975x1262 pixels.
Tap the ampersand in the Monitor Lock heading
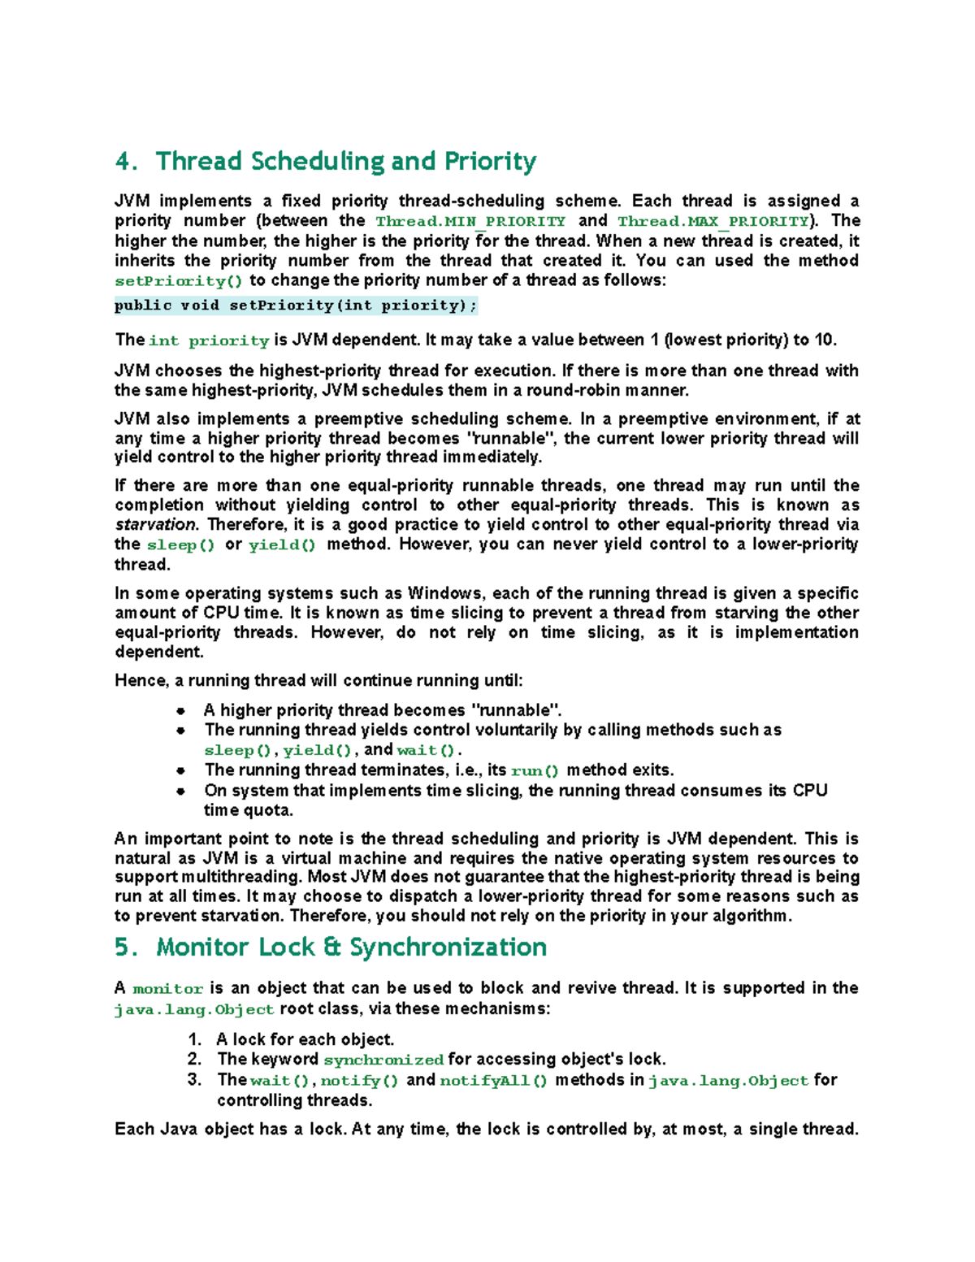click(331, 948)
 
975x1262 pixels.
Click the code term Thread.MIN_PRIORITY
click(470, 222)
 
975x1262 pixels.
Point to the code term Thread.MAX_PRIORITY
click(713, 222)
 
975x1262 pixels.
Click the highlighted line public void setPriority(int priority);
click(296, 306)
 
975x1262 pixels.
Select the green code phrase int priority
click(209, 341)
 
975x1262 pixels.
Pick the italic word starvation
click(155, 525)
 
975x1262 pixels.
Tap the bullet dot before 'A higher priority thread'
click(180, 711)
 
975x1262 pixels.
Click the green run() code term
click(535, 771)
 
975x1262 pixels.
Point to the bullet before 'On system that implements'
click(180, 791)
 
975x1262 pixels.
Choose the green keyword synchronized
click(383, 1060)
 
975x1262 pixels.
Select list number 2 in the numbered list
click(194, 1060)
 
